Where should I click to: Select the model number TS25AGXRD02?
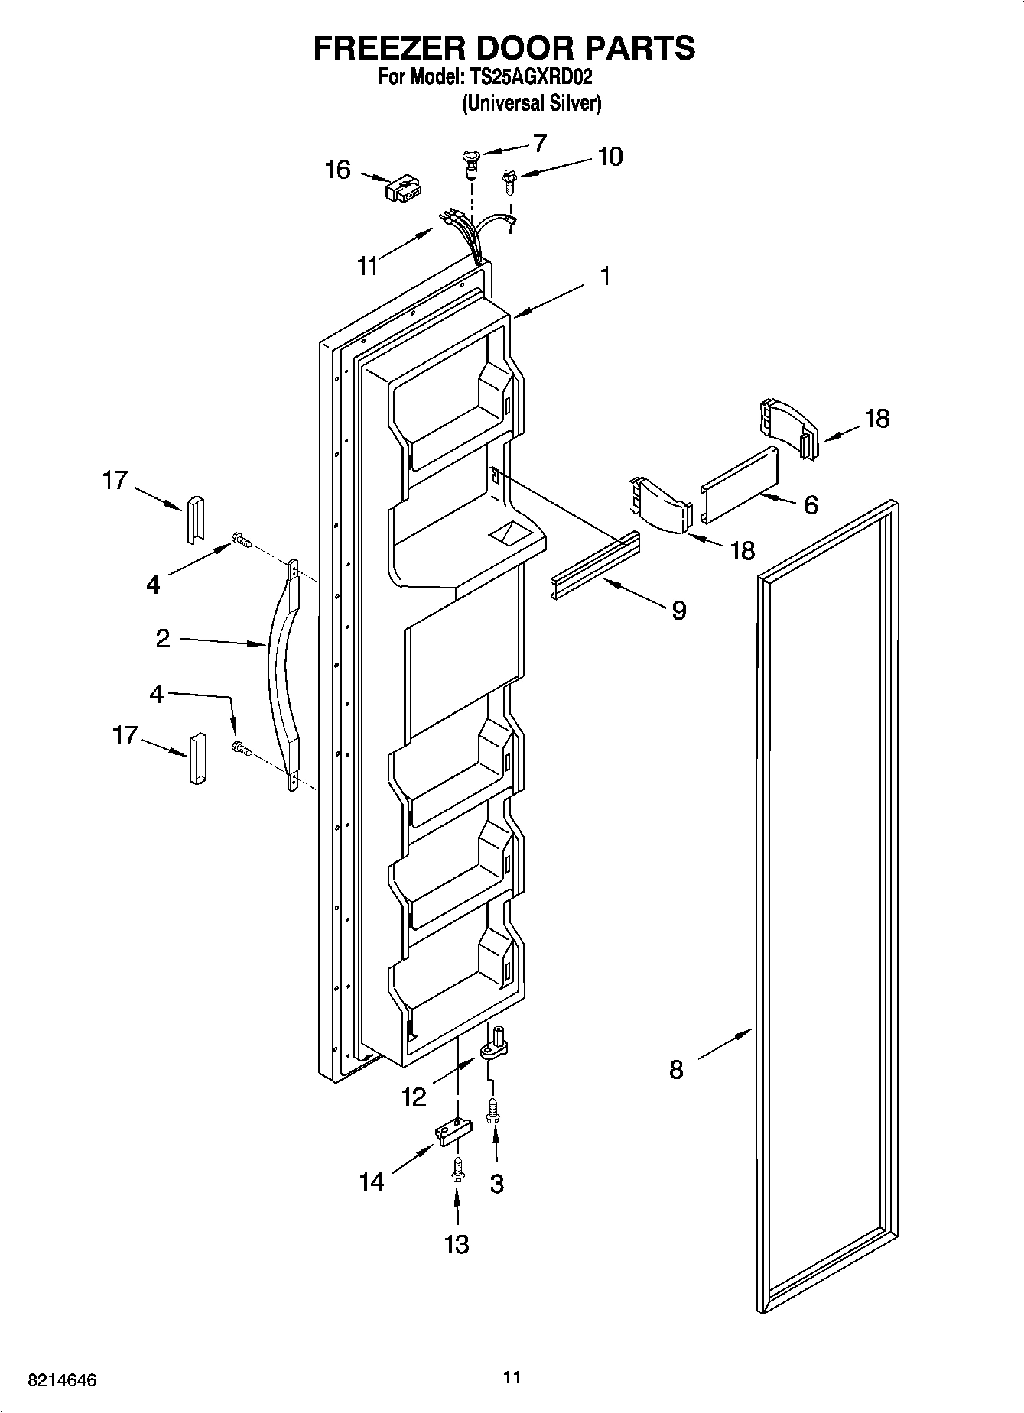(x=528, y=77)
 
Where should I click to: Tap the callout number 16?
(x=337, y=170)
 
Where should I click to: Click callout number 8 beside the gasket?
(x=676, y=1069)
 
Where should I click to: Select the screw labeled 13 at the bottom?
(x=457, y=1169)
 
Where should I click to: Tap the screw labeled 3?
(x=493, y=1110)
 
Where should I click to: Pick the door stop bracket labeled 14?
(x=450, y=1132)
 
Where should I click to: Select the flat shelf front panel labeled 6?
(x=739, y=485)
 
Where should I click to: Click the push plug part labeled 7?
(x=470, y=163)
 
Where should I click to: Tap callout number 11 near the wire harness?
(x=368, y=266)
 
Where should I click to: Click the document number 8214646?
(x=62, y=1380)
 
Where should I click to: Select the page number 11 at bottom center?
(x=512, y=1377)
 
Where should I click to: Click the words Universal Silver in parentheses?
(x=531, y=103)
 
